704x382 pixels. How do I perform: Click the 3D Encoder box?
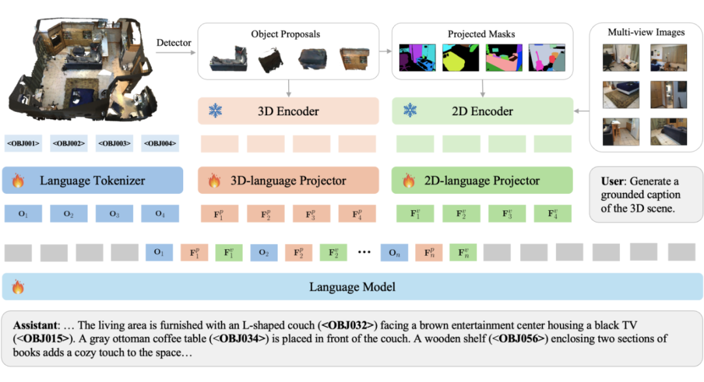(x=288, y=111)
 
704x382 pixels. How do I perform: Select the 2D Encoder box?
(x=482, y=111)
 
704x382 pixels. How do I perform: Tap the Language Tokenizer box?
(x=93, y=180)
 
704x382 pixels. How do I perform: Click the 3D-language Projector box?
(x=288, y=180)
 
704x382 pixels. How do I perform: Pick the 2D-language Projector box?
(x=482, y=180)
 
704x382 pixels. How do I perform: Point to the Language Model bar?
(x=352, y=287)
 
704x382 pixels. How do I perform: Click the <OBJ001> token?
(x=23, y=143)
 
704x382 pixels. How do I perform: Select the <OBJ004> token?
(x=160, y=143)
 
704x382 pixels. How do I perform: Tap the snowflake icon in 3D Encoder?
(x=214, y=111)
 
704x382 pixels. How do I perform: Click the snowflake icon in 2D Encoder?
(x=409, y=111)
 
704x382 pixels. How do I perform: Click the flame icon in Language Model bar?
(x=18, y=287)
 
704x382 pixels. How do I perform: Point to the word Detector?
(x=174, y=43)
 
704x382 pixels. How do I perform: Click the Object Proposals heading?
(x=286, y=33)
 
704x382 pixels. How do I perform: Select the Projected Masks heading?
(x=481, y=33)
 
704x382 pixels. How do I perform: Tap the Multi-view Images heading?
(x=646, y=32)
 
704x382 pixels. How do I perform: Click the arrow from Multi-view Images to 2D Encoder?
(x=581, y=111)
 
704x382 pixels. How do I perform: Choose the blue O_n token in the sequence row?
(x=394, y=252)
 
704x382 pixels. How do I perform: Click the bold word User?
(x=613, y=181)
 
